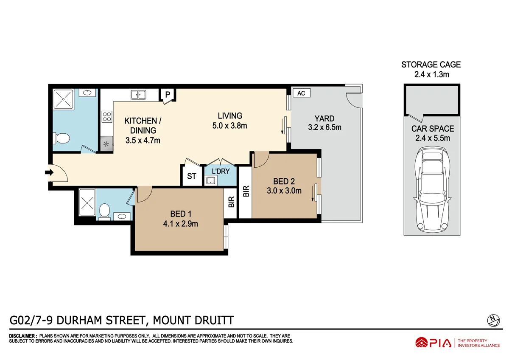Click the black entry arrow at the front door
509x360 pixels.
coord(49,172)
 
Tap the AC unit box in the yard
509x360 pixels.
coord(301,93)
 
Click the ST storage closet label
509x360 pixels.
coord(192,176)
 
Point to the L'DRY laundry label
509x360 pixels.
coord(221,171)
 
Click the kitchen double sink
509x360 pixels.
coord(138,95)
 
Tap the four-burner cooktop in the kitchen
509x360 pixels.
coord(106,117)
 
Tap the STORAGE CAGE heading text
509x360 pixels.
coord(431,65)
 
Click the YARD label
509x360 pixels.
coord(324,118)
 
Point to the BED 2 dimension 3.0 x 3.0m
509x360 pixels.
coord(284,191)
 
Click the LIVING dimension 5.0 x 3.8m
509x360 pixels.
coord(230,125)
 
